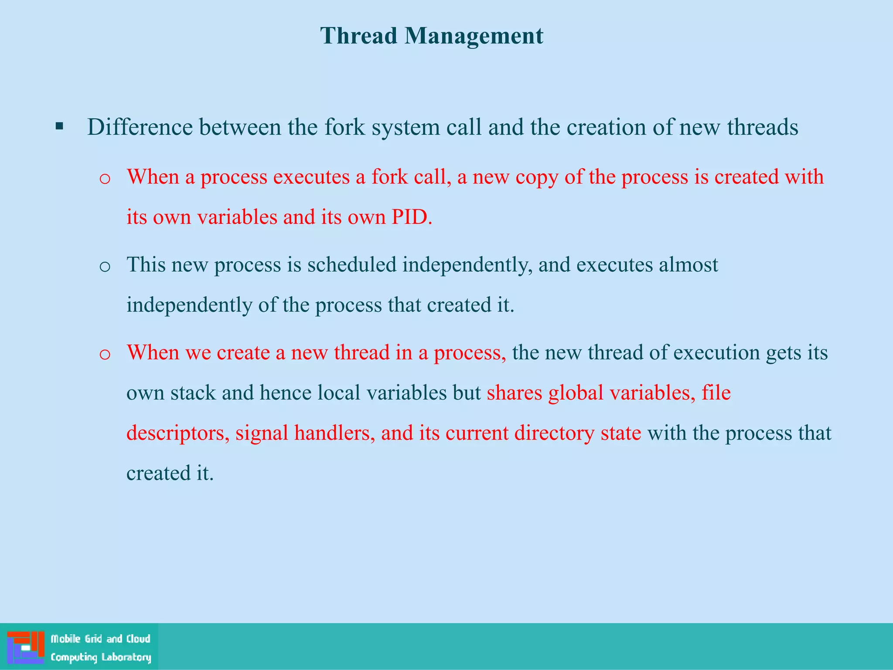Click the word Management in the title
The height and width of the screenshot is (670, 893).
pos(474,36)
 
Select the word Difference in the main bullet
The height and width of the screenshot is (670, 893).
pos(140,127)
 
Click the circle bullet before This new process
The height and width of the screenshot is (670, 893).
pos(105,267)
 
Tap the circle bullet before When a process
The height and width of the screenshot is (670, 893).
pos(105,179)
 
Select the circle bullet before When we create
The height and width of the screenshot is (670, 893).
pos(105,354)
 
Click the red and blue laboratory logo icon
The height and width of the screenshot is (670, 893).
pos(26,647)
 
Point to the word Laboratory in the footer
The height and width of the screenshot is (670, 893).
pos(126,657)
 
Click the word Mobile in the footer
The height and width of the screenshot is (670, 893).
pos(66,639)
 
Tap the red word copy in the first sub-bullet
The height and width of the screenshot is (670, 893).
pos(537,177)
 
